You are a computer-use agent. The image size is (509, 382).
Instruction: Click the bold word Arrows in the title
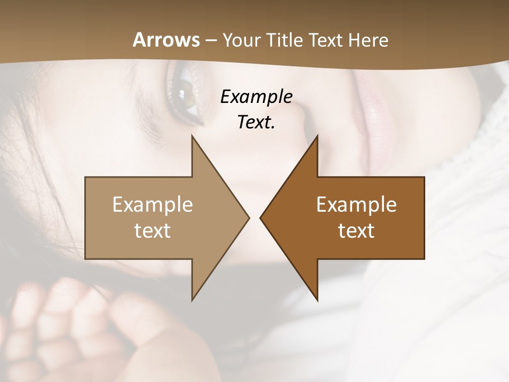[166, 40]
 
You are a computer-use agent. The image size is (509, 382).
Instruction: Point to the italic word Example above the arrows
[257, 97]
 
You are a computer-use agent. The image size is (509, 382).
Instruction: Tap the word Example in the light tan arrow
[153, 204]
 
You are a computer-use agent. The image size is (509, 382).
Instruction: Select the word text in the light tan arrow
[153, 230]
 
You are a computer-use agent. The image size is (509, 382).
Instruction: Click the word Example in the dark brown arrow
[356, 204]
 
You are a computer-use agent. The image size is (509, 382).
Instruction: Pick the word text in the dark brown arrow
[356, 230]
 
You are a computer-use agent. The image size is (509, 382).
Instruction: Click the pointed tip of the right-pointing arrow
[249, 218]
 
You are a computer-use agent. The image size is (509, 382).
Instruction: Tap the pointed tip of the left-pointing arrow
[260, 218]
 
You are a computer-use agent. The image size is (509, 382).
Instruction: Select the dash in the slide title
[210, 40]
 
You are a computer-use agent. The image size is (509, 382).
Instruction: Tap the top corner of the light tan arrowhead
[192, 136]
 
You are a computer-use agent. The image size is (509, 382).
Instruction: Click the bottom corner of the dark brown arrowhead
[318, 300]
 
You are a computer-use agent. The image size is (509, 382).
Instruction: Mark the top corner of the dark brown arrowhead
[318, 136]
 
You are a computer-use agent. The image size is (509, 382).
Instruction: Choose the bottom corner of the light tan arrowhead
[192, 300]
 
